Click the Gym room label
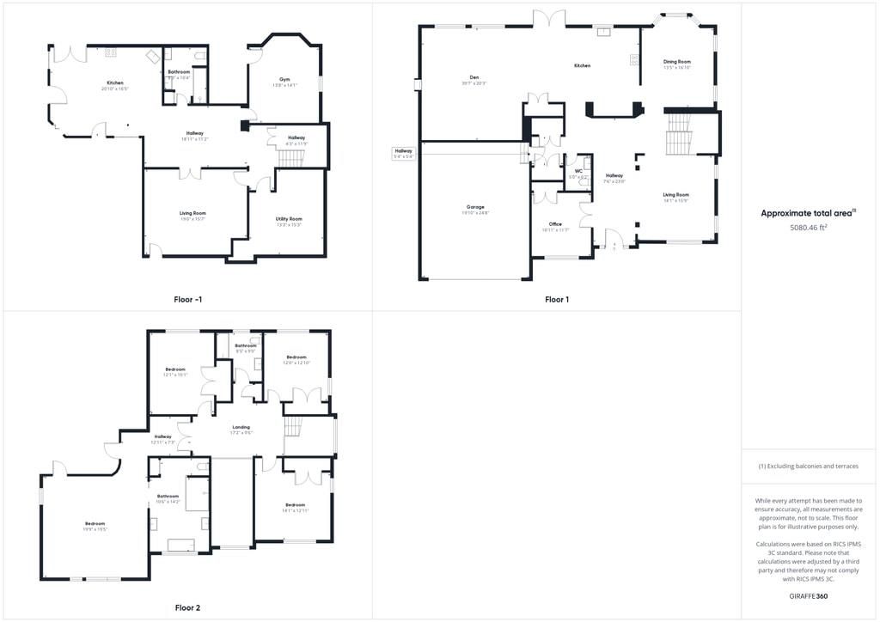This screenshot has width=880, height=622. (284, 79)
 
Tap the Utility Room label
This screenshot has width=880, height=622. (289, 219)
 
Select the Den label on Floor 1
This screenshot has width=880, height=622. (474, 77)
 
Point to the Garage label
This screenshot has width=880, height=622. (475, 207)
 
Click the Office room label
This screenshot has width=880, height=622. (555, 224)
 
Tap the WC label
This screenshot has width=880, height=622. (578, 171)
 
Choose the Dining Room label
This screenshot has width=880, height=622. (676, 62)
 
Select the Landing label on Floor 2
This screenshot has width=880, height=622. (241, 427)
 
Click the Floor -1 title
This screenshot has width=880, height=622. (187, 300)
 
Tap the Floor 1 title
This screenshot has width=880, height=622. (556, 300)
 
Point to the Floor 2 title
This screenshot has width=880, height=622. (187, 607)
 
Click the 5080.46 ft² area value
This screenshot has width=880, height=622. (809, 229)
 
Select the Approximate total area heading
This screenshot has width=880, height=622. (809, 213)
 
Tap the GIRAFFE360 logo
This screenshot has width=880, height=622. (809, 596)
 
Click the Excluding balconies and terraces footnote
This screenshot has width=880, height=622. (809, 466)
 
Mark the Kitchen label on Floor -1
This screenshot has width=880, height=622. (114, 83)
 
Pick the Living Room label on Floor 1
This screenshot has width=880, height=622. (675, 195)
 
